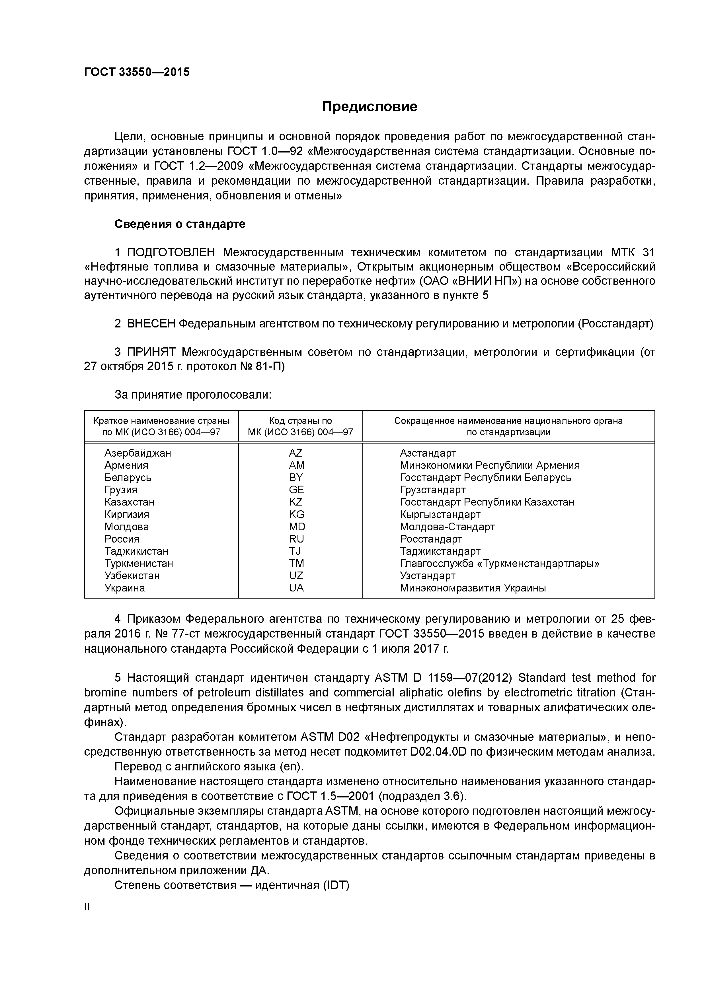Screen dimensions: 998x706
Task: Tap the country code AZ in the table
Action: [x=296, y=453]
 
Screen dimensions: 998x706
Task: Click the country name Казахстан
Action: [x=129, y=502]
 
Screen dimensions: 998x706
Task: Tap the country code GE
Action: [x=296, y=490]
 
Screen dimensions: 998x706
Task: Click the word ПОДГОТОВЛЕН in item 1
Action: [x=171, y=253]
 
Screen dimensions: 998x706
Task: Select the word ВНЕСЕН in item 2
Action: [x=151, y=323]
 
